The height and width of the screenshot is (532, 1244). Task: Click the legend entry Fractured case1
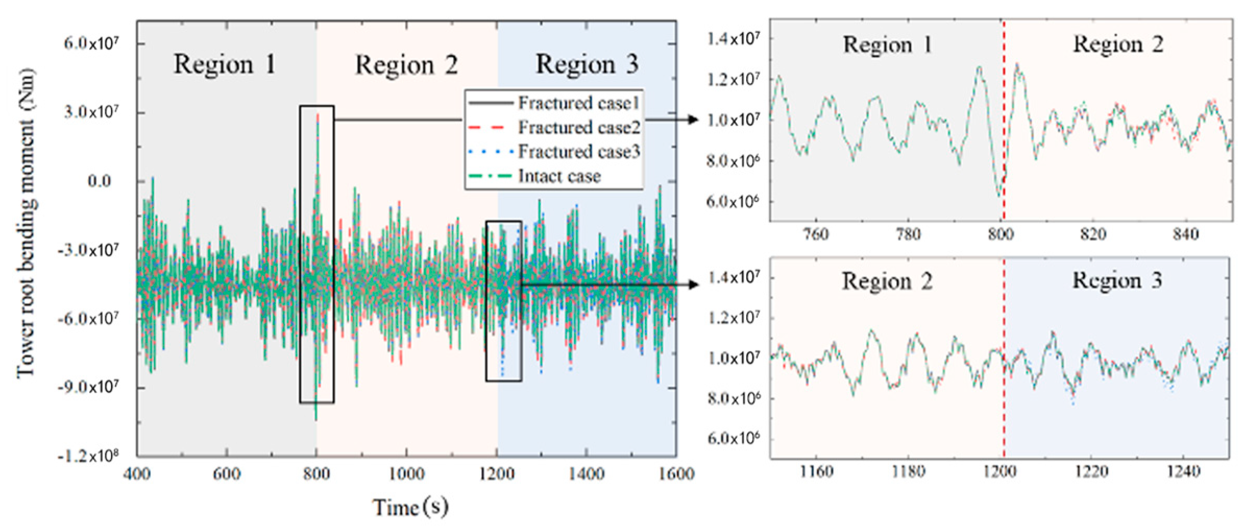(578, 103)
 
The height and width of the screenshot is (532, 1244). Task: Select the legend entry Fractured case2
(578, 127)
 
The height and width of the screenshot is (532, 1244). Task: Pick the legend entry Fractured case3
(578, 152)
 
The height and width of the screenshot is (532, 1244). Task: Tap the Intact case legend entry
(559, 176)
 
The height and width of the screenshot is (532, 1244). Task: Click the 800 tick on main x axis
(316, 474)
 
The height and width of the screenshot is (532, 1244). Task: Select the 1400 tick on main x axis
(587, 474)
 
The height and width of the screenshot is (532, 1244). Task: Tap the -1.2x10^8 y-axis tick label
(88, 456)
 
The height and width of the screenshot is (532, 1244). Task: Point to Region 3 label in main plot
(587, 65)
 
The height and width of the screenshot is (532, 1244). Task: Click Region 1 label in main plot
(225, 65)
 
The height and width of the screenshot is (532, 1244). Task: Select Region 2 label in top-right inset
(1118, 45)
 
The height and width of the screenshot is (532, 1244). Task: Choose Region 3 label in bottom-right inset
(1117, 281)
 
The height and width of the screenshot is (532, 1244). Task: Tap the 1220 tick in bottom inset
(1091, 472)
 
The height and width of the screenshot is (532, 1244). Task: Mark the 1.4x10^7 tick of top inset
(733, 39)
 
